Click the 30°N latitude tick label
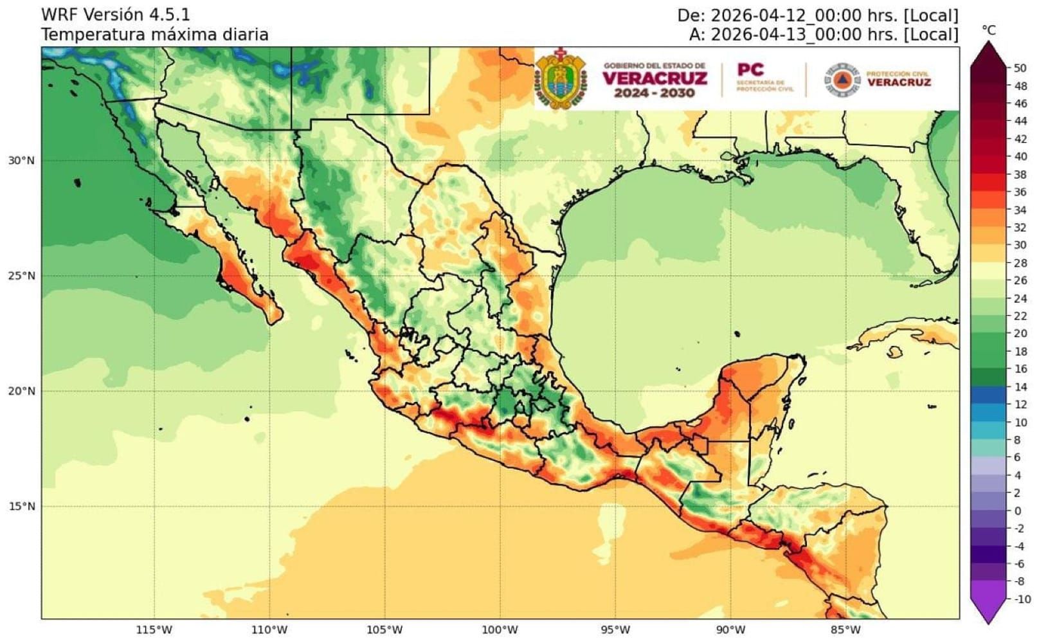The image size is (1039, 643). (x=21, y=161)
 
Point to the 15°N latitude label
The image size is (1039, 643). (x=21, y=507)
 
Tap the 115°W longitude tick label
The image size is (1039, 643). (x=154, y=629)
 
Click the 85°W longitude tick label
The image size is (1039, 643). (x=845, y=629)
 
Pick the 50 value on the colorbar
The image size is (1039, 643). (x=1020, y=68)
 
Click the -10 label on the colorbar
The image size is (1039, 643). (x=1022, y=599)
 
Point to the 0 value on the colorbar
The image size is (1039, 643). (x=1017, y=511)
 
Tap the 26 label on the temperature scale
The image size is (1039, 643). (x=1020, y=281)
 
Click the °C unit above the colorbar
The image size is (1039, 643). (x=989, y=30)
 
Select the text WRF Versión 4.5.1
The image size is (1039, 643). (x=116, y=15)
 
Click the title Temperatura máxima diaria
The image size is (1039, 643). (x=155, y=35)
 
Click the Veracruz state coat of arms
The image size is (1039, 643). (x=561, y=78)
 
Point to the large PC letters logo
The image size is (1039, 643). (x=750, y=69)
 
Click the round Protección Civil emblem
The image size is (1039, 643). (x=842, y=80)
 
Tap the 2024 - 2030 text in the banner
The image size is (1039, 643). (x=654, y=93)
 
